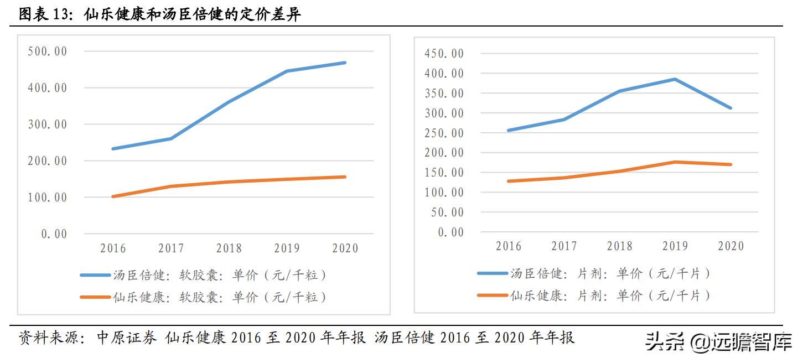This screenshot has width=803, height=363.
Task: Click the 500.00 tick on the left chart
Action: point(47,51)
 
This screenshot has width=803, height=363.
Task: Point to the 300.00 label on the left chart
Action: point(47,125)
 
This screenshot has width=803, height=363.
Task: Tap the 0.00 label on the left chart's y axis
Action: point(54,234)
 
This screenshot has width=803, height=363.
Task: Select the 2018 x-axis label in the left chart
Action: point(229,248)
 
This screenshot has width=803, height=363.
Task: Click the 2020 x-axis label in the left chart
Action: point(345,248)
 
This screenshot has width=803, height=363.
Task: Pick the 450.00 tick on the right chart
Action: point(443,54)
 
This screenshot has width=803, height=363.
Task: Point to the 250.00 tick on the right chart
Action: point(443,133)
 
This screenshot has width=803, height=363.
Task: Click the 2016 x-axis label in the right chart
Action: point(508,246)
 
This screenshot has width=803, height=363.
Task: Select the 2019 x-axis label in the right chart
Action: point(675,246)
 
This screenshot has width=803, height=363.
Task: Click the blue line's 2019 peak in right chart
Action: point(675,79)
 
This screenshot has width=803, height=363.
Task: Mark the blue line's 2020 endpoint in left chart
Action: point(345,63)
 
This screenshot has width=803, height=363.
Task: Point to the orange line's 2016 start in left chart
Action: point(113,196)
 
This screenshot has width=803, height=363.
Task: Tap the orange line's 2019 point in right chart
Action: point(675,162)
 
